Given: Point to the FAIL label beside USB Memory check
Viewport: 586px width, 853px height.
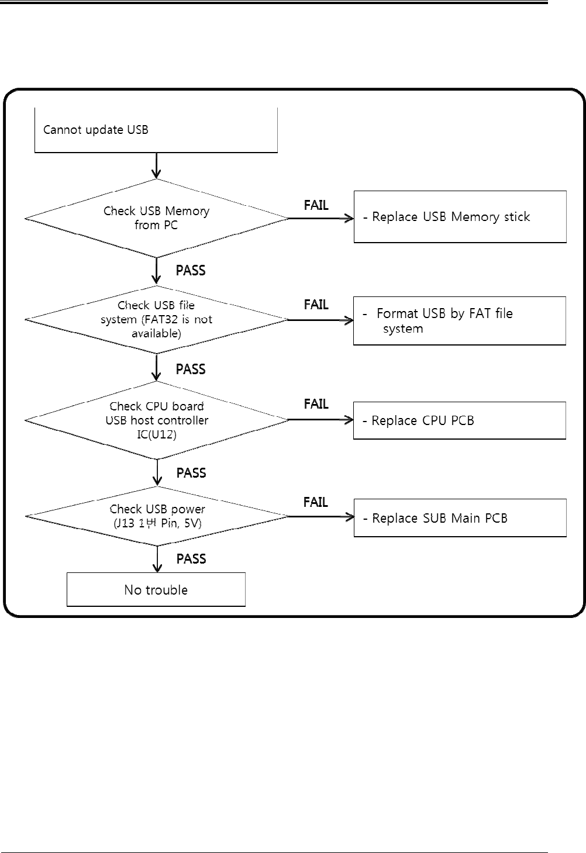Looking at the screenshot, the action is tap(316, 205).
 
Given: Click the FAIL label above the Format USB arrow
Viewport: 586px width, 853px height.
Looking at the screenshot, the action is tap(316, 305).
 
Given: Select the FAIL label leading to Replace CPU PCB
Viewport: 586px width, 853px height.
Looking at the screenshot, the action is tap(316, 404).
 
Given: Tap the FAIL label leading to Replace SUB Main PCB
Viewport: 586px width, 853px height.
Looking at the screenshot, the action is tap(315, 502).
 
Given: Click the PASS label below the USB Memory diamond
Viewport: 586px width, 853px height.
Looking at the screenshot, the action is tap(191, 270).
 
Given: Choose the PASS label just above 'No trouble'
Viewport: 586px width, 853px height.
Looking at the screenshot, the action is tap(191, 559).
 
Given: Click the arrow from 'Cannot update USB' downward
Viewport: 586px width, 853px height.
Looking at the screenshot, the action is tap(156, 165).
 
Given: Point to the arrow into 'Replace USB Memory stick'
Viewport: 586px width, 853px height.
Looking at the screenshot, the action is tap(321, 218).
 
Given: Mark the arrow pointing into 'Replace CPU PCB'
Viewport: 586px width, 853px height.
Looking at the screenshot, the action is tap(321, 420).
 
